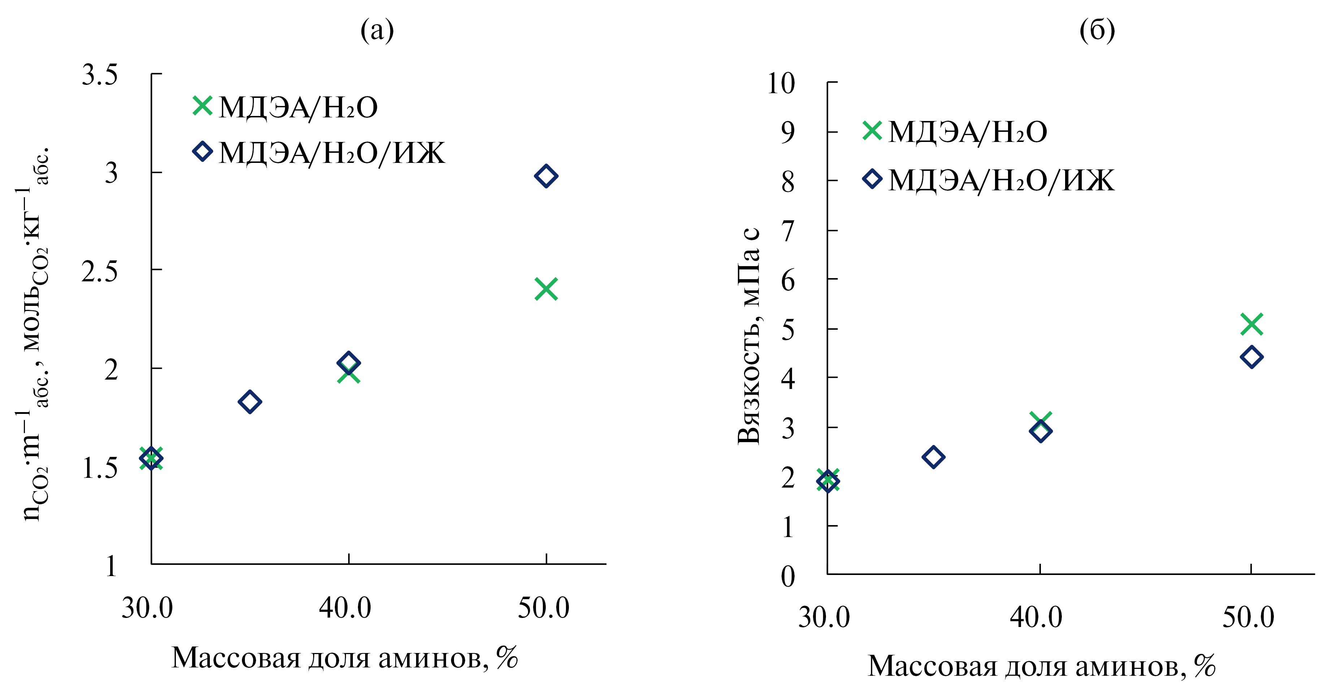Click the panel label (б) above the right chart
click(x=1097, y=31)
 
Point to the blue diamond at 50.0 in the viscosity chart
click(x=1251, y=357)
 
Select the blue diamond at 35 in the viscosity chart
click(x=933, y=457)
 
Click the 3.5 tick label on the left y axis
click(x=99, y=75)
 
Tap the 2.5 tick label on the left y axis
click(x=99, y=272)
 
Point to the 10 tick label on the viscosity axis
click(x=780, y=83)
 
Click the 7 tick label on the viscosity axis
click(x=787, y=231)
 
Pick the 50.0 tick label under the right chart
click(x=1248, y=617)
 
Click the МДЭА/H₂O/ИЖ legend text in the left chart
click(x=332, y=153)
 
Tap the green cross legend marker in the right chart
click(x=872, y=131)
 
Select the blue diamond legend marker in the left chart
click(x=202, y=152)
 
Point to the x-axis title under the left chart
click(x=344, y=658)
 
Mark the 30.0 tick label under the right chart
click(x=824, y=617)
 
